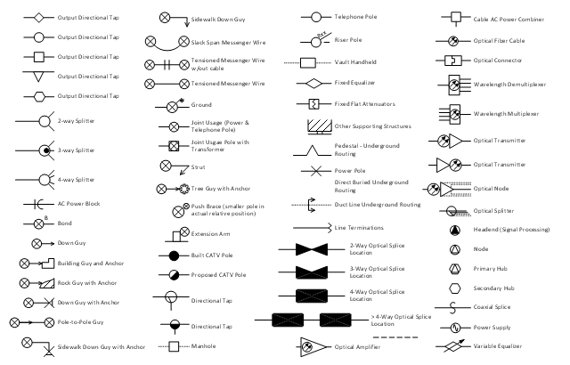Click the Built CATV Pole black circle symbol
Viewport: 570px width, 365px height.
coord(175,255)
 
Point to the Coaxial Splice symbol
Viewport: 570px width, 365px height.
coord(454,308)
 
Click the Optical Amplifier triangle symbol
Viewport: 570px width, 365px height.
coord(313,345)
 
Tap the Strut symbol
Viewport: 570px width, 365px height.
coord(166,166)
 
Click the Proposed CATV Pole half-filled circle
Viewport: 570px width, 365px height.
coord(175,275)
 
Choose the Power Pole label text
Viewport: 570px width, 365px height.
coord(350,169)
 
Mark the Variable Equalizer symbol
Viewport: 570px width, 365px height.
coord(454,346)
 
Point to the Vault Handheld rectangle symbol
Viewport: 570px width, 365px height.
coord(310,62)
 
